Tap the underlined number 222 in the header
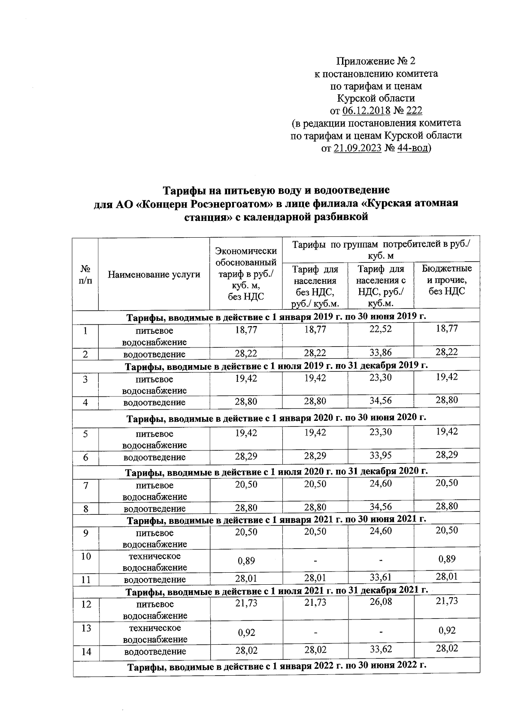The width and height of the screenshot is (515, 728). click(x=414, y=111)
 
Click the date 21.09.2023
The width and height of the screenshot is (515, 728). click(x=357, y=148)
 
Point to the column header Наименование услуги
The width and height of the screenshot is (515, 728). click(x=154, y=274)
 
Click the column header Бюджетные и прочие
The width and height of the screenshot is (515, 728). click(x=446, y=280)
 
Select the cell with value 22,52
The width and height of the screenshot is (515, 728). click(x=381, y=329)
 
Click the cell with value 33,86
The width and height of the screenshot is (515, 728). click(x=381, y=353)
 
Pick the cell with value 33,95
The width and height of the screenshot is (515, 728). click(x=381, y=456)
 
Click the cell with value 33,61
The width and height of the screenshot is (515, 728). click(x=381, y=579)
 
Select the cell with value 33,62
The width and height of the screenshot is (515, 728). click(x=381, y=650)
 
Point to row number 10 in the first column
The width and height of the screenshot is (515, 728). click(x=86, y=556)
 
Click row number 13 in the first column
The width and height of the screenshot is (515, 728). click(x=86, y=628)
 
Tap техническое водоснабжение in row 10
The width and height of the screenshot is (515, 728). click(x=154, y=562)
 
